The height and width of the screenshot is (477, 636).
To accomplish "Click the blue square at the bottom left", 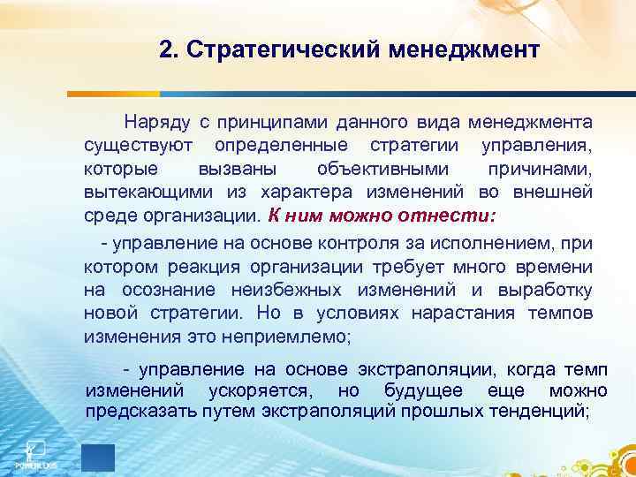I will click(x=97, y=457).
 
